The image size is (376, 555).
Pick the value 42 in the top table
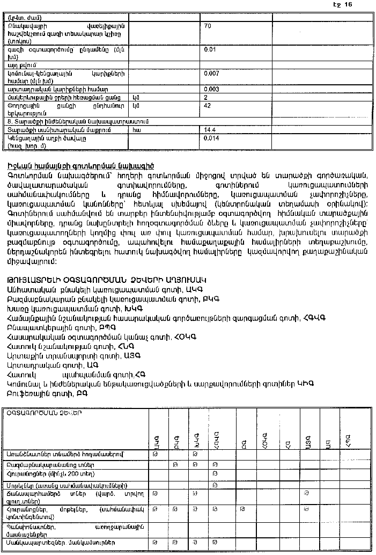pyautogui.click(x=207, y=106)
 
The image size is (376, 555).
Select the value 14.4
pyautogui.click(x=209, y=130)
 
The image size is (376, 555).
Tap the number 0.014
pyautogui.click(x=211, y=138)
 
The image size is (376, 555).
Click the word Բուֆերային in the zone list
pyautogui.click(x=27, y=393)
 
